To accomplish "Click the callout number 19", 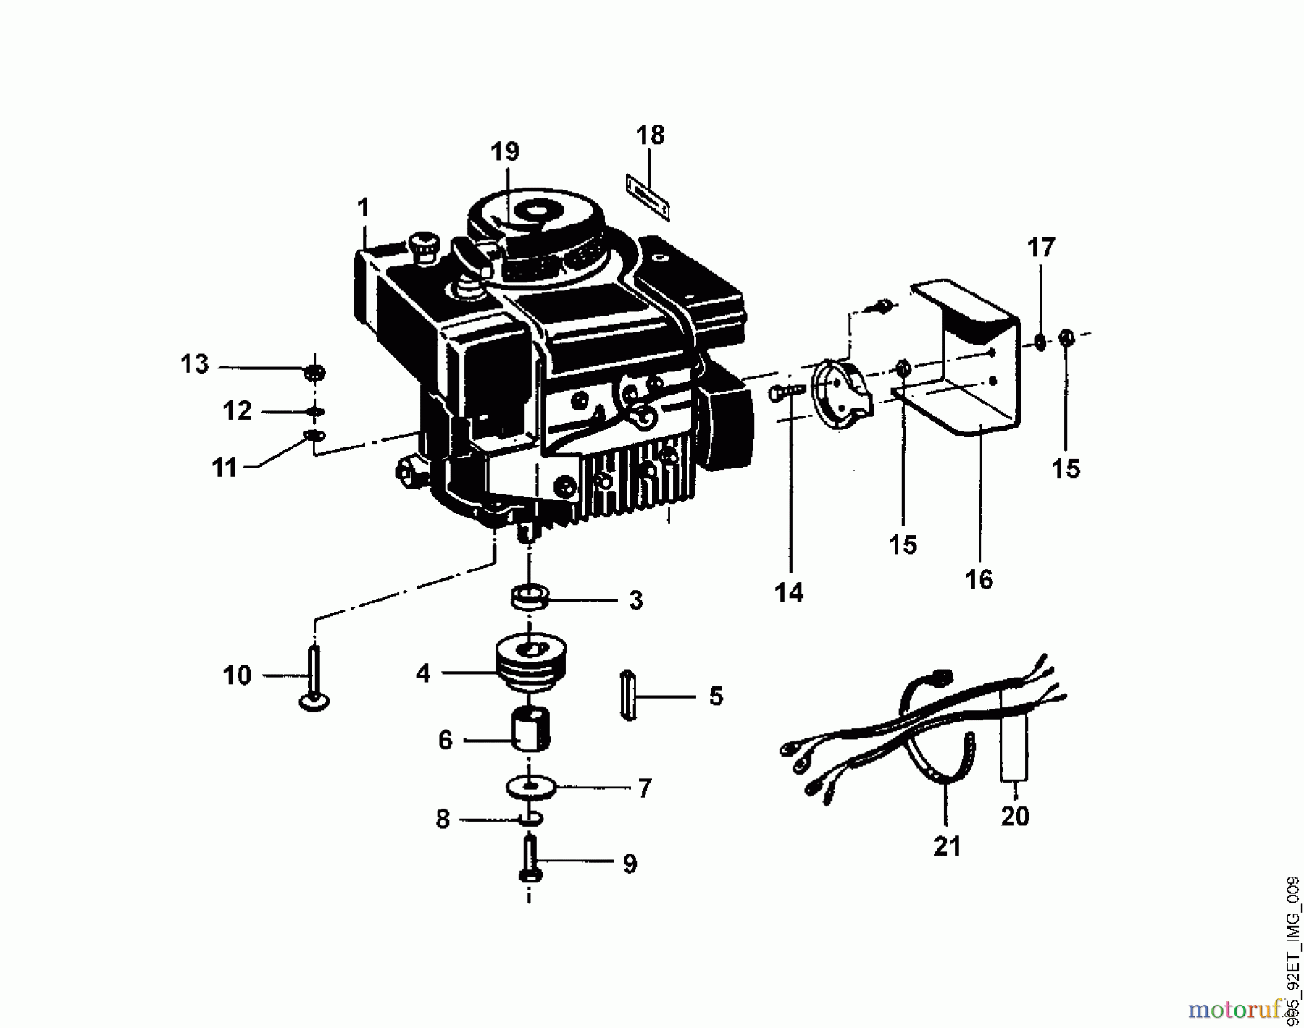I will click(x=505, y=152).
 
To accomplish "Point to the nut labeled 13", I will click(x=315, y=373).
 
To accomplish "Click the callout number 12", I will click(x=237, y=410).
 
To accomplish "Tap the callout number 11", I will click(x=225, y=468).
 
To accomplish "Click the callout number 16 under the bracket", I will click(x=979, y=579).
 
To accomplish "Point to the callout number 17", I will click(x=1041, y=248).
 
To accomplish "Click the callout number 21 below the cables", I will click(x=947, y=846).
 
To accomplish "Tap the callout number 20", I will click(x=1015, y=816).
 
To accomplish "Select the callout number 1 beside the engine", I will click(x=363, y=208).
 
